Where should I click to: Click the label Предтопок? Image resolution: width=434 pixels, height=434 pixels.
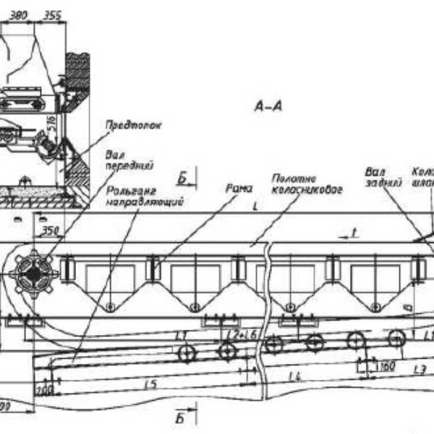(x=133, y=124)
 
